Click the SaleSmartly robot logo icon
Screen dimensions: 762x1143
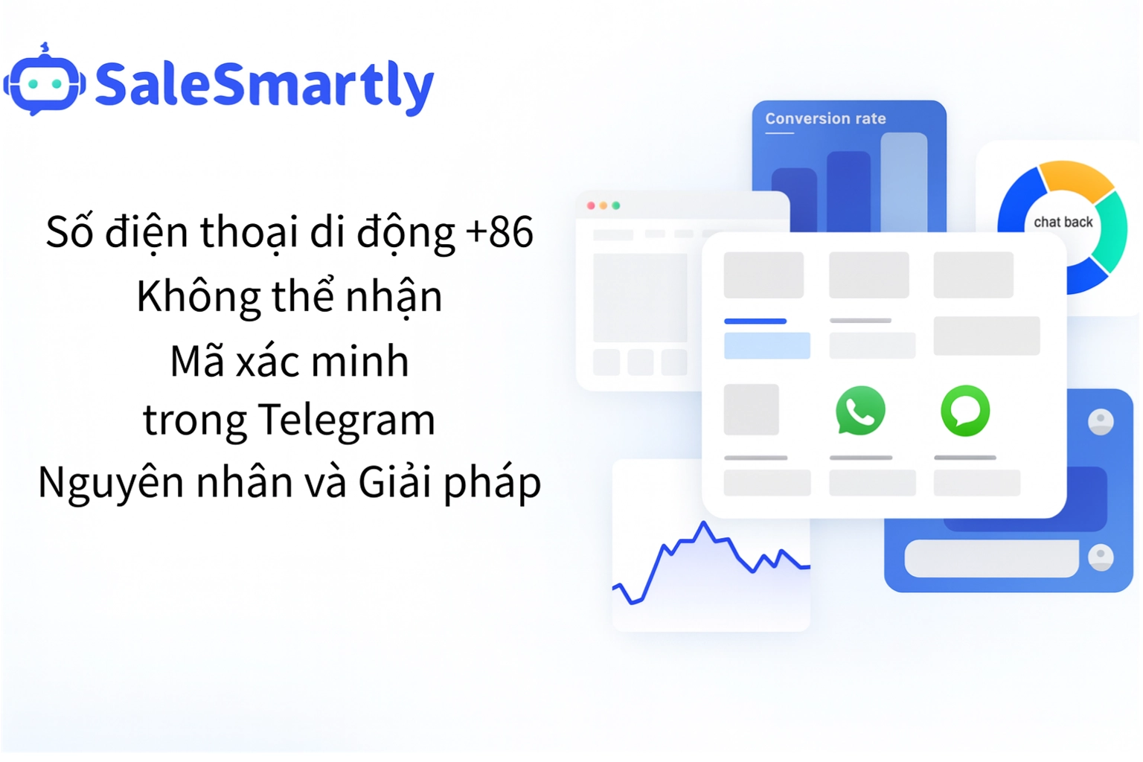click(44, 82)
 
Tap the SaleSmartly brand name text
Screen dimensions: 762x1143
click(264, 85)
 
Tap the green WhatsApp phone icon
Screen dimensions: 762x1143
click(860, 411)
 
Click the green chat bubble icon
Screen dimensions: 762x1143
click(965, 411)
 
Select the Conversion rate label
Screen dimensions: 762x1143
click(825, 118)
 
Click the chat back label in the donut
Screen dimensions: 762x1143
click(1063, 222)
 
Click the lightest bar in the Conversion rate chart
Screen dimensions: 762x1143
click(903, 182)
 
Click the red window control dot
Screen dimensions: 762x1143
click(591, 205)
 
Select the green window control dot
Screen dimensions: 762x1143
click(616, 205)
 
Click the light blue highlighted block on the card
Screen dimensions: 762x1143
click(766, 346)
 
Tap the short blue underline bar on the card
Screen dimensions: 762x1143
click(755, 321)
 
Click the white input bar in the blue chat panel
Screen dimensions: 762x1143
click(990, 558)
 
